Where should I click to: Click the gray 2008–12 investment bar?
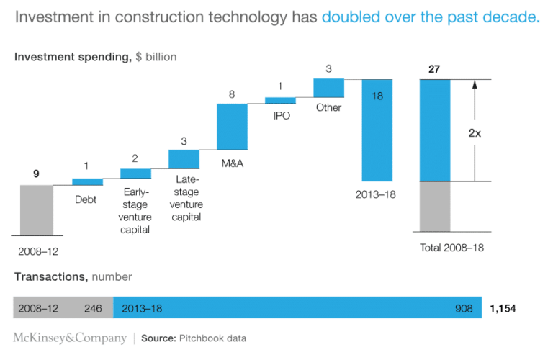click(36, 210)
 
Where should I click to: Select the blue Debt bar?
click(87, 181)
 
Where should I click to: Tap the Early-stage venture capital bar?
click(135, 173)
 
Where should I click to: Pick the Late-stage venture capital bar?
click(184, 158)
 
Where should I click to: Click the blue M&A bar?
click(232, 126)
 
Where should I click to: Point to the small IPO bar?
click(280, 100)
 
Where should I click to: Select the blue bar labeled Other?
click(328, 88)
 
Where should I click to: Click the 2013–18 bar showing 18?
click(377, 130)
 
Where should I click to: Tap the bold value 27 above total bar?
click(433, 70)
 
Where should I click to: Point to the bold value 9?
click(36, 174)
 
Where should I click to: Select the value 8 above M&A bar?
click(231, 94)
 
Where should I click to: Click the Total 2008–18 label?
click(451, 248)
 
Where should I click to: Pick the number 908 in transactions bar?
click(463, 308)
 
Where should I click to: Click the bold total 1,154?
click(503, 308)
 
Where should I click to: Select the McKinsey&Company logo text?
click(69, 338)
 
